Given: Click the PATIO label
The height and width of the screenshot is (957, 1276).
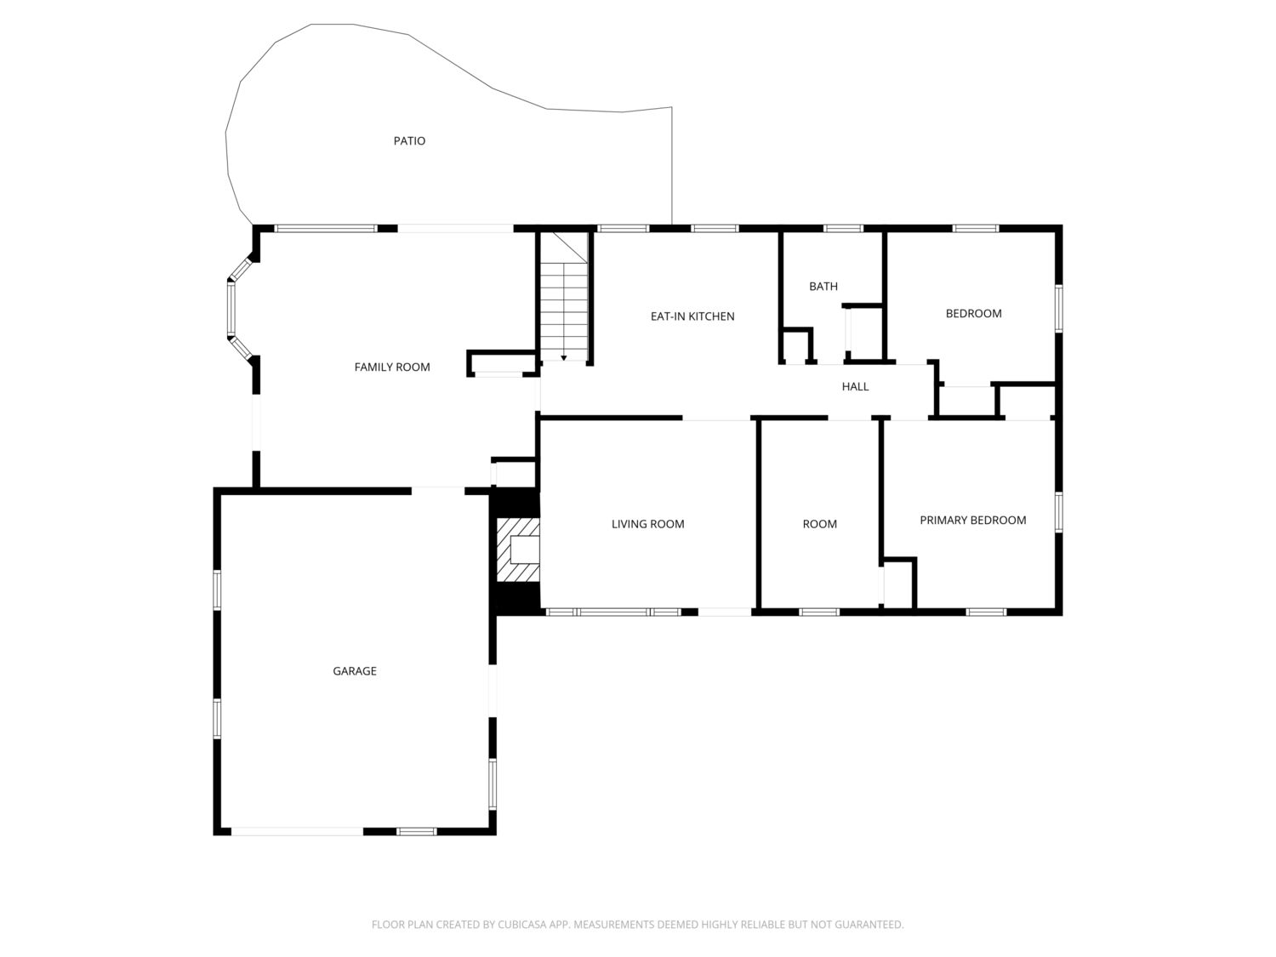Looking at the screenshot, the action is (409, 140).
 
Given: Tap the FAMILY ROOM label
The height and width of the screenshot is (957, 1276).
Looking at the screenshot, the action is (392, 367).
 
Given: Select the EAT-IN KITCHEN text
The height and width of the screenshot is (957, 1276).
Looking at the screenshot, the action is (692, 316).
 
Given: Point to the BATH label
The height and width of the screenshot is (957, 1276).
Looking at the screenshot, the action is (823, 286).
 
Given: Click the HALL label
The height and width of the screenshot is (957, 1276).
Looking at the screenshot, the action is (855, 386).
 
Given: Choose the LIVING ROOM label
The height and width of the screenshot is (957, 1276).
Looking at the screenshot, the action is (647, 524).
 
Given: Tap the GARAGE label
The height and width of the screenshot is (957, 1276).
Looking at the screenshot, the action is (355, 671).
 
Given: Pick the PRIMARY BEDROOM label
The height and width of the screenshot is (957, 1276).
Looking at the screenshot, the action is (972, 520).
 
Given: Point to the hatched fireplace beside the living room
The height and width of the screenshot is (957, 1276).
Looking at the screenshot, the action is (517, 549).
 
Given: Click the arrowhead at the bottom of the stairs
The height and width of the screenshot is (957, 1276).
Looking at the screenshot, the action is (563, 358).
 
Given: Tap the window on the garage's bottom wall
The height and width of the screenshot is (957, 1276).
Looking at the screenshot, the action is (416, 831).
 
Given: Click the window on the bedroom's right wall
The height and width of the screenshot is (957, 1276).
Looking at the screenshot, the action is (1058, 309).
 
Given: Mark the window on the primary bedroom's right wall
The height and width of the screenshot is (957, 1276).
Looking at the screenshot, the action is (1058, 512).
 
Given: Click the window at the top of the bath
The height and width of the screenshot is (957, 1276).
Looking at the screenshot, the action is (844, 228).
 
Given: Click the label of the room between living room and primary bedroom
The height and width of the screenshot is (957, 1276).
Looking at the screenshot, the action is (820, 524).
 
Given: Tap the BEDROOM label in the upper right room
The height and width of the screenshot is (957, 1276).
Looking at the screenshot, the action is (974, 314).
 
